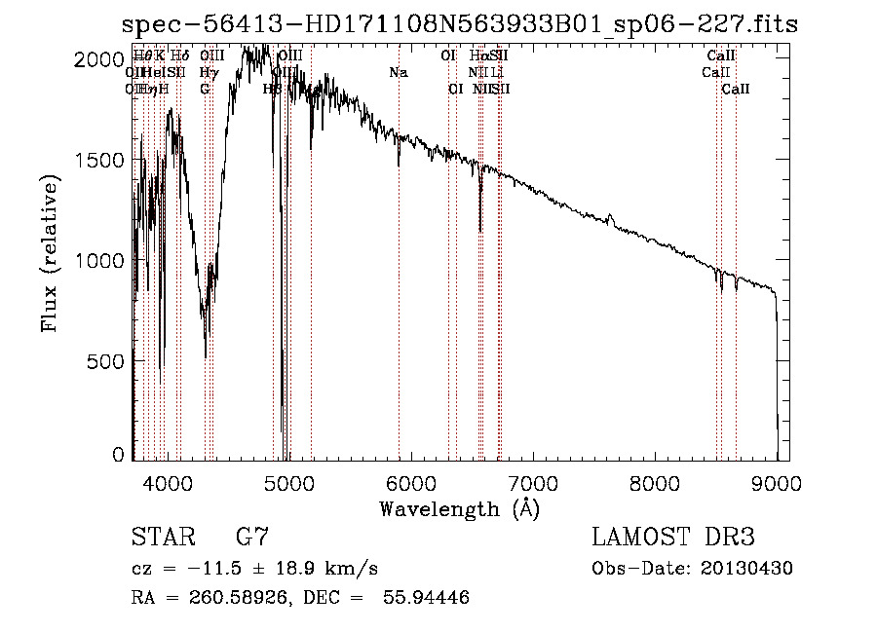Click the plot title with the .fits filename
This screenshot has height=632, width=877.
point(459,23)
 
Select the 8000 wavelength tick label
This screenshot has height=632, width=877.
point(654,481)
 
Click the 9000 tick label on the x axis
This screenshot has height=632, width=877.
point(777,481)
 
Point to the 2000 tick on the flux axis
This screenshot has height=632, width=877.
point(101,59)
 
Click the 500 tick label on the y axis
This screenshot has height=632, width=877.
point(107,361)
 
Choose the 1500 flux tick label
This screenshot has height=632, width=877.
point(101,160)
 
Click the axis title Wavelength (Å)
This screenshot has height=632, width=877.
point(459,508)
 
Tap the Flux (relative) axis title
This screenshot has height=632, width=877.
point(51,254)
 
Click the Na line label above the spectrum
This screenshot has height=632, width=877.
point(398,73)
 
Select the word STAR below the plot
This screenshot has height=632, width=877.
point(162,538)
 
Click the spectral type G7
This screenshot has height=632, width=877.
point(252,538)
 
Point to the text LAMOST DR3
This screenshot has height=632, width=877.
point(673,538)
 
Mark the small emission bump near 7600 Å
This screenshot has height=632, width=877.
point(611,217)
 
